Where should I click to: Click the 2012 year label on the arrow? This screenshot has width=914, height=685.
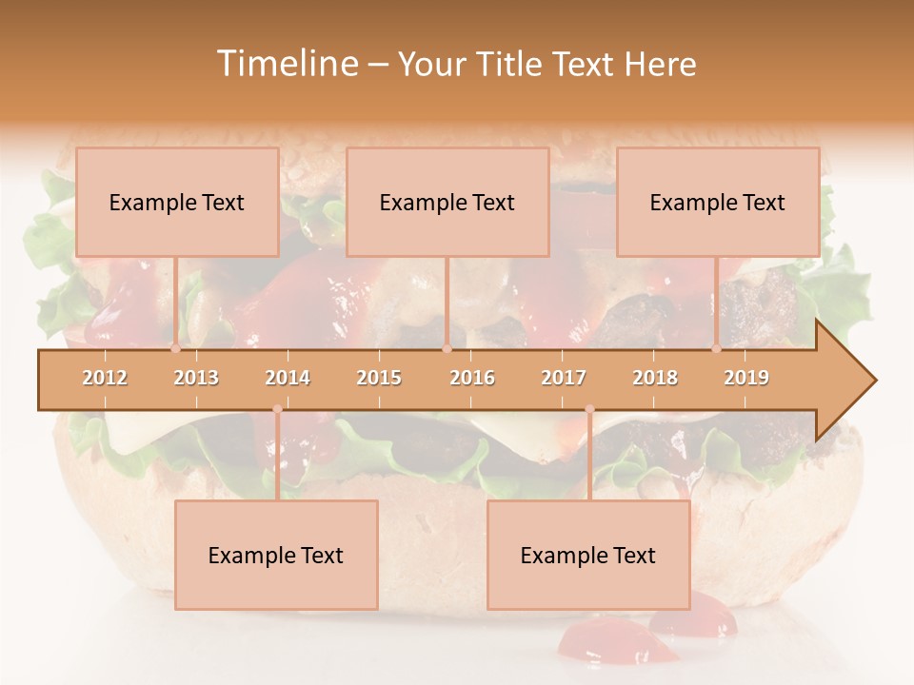[105, 378]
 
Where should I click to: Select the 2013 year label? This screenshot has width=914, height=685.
[196, 378]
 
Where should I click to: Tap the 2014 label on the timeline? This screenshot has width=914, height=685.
[288, 378]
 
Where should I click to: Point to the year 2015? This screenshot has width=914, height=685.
[379, 378]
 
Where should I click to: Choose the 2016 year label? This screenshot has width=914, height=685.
[472, 378]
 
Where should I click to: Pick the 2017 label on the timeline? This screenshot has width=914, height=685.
[564, 378]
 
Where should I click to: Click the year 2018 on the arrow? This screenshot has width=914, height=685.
[655, 378]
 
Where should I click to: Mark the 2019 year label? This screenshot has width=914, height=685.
[746, 378]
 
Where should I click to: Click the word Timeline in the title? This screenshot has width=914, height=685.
[285, 64]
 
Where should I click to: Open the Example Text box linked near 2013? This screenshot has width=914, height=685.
[177, 202]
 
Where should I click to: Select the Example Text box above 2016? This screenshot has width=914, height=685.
[447, 202]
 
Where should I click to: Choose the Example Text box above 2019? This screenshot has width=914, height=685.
[718, 202]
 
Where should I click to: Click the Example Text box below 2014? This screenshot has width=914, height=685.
[276, 555]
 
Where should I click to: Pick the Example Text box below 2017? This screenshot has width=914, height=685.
[588, 555]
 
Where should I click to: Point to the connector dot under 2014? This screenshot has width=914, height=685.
[277, 409]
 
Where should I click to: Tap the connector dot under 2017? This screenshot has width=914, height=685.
[589, 409]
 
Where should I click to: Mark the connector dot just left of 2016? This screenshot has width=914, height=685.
[447, 349]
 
